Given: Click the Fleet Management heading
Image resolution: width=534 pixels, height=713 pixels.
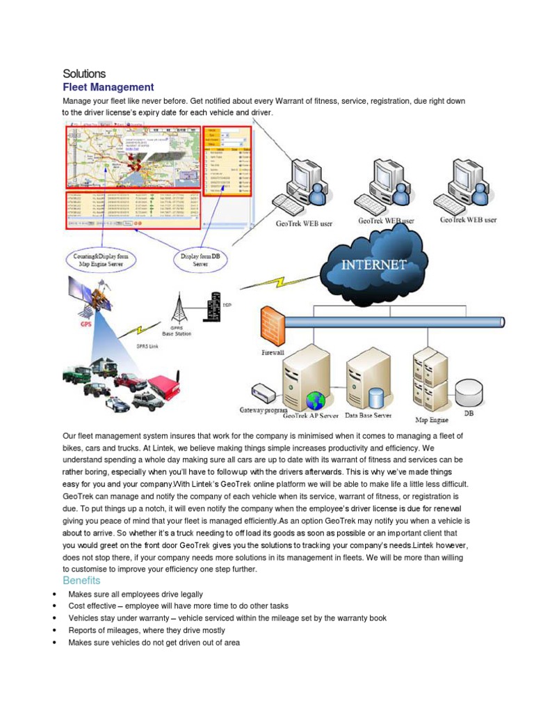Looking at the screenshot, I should [x=108, y=87].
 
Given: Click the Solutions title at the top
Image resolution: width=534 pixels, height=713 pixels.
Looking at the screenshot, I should [x=84, y=73].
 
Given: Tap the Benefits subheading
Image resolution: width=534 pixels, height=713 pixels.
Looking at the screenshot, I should [x=81, y=580].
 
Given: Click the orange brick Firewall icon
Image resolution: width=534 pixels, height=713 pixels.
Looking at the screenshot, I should [x=272, y=324].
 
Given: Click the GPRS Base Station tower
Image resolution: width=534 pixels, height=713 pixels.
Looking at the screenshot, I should [x=177, y=307].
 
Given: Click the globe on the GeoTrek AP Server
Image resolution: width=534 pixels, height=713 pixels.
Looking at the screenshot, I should [x=316, y=400].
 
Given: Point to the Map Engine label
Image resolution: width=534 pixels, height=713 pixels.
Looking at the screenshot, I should [x=431, y=419].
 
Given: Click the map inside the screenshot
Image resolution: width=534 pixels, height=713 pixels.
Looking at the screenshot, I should [x=132, y=157].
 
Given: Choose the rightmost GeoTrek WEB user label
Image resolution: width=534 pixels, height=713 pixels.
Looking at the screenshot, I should [x=468, y=220].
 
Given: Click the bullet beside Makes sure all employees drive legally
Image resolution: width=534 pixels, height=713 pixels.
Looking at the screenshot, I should [x=54, y=595].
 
